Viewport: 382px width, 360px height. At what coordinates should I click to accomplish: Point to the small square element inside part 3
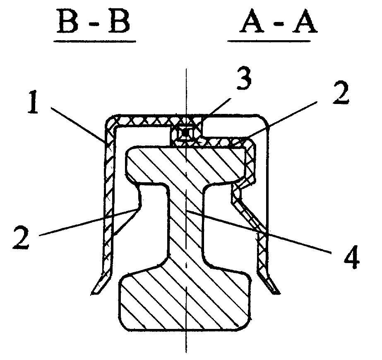click(187, 133)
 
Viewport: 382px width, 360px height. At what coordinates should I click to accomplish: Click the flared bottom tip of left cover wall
click(98, 286)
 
